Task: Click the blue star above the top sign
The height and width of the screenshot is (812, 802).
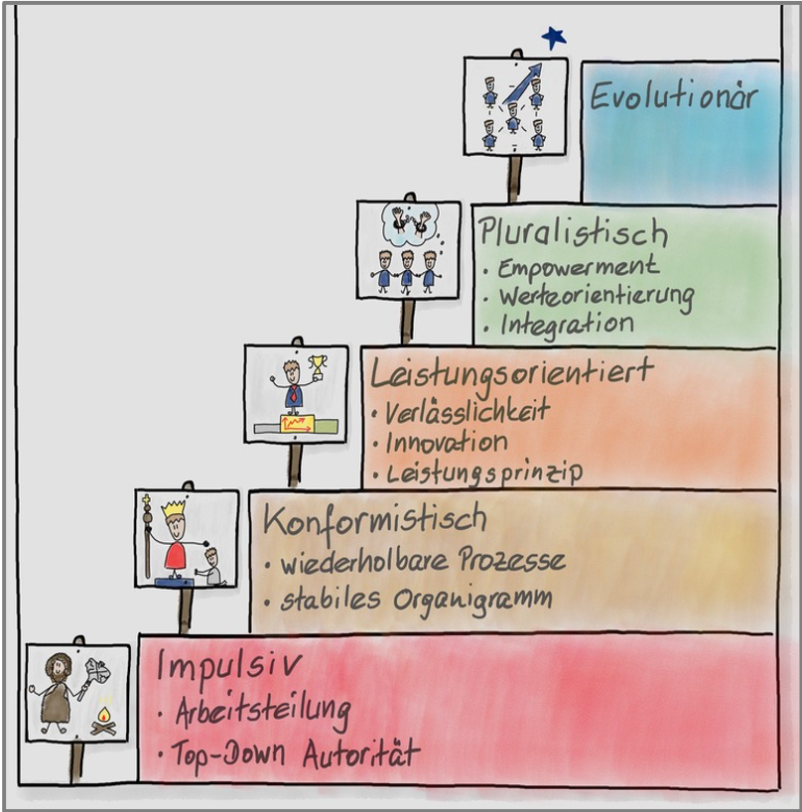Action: coord(554,38)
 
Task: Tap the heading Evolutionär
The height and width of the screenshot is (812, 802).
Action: coord(673,97)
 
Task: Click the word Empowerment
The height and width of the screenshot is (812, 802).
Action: coord(578,268)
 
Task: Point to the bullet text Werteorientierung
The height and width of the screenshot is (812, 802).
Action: coord(595,296)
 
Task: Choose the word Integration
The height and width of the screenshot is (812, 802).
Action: coord(566,324)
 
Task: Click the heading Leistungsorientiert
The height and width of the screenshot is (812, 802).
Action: coord(511,372)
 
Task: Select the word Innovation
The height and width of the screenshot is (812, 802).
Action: coord(446,442)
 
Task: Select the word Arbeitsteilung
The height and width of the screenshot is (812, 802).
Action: coord(262,712)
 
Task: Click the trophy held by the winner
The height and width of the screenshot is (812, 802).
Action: coord(318,366)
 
